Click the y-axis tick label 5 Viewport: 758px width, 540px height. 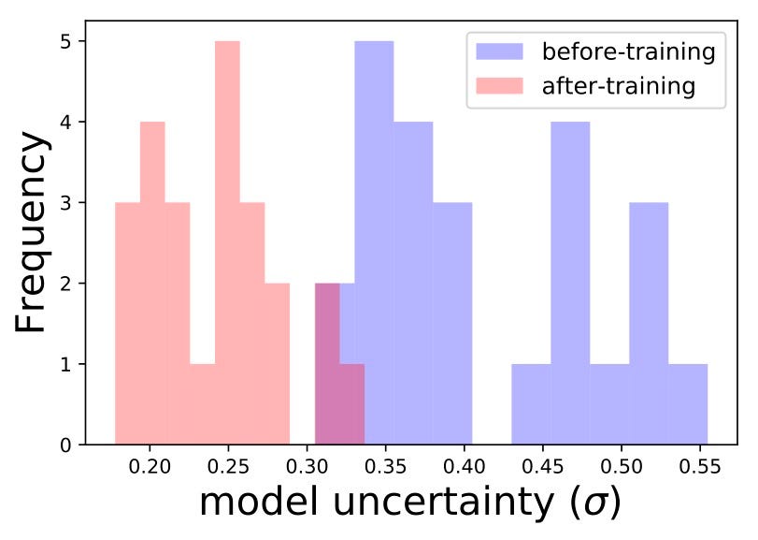[68, 41]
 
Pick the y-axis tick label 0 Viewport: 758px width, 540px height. [68, 445]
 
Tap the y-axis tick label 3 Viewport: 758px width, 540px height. [68, 202]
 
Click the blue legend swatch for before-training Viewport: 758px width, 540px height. [500, 51]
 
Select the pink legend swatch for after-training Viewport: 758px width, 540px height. [500, 86]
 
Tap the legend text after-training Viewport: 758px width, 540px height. [618, 86]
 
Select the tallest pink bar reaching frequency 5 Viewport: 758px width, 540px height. [227, 243]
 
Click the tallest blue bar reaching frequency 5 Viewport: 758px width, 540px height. [374, 243]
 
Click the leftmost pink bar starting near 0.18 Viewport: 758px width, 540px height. [127, 323]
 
